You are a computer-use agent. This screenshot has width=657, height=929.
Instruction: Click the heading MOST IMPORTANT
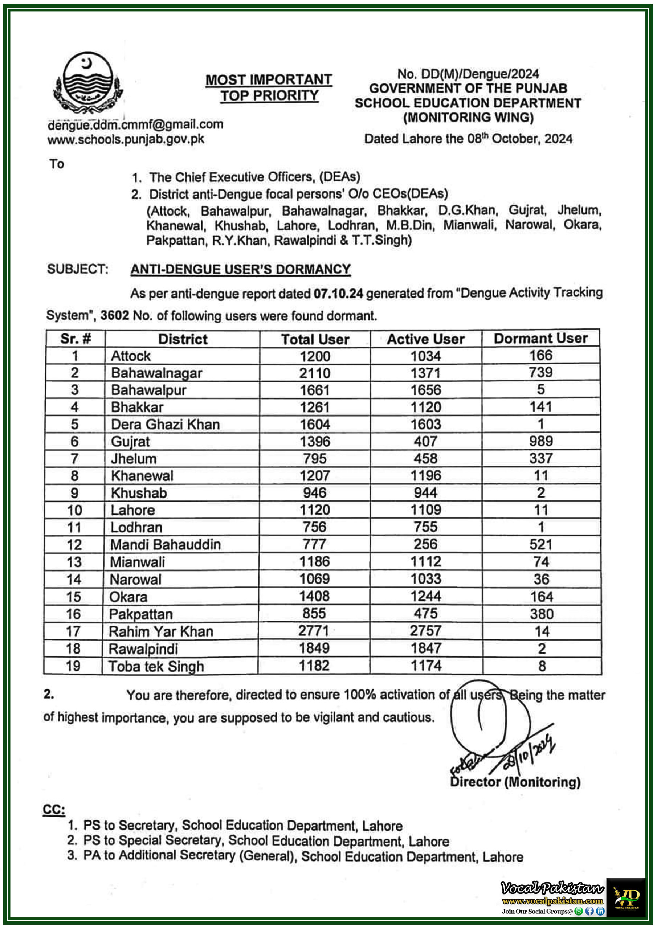[x=269, y=79]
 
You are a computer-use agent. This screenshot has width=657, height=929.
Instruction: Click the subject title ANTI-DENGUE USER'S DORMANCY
[x=240, y=270]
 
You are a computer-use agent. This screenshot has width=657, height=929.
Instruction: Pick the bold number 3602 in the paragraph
[x=115, y=316]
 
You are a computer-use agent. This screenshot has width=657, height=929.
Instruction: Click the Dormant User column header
[x=540, y=338]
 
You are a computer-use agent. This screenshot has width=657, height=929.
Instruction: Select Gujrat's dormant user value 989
[x=541, y=441]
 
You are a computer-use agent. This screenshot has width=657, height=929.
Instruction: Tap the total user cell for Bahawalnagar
[x=315, y=373]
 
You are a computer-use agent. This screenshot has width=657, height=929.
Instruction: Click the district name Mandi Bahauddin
[x=165, y=545]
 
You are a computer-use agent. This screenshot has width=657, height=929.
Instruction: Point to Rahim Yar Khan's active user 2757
[x=425, y=631]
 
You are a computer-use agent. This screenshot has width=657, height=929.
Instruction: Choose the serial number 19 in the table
[x=73, y=666]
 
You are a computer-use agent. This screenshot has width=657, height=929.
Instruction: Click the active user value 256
[x=425, y=544]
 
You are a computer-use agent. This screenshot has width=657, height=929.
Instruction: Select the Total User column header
[x=315, y=339]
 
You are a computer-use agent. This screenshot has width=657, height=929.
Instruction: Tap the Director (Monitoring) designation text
[x=515, y=782]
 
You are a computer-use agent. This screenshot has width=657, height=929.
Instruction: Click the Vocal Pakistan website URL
[x=552, y=901]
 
